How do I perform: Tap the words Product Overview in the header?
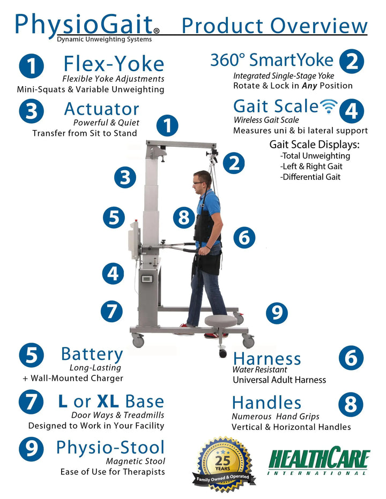pyautogui.click(x=274, y=26)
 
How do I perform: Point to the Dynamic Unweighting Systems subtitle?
pyautogui.click(x=104, y=40)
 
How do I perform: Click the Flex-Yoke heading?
pyautogui.click(x=114, y=64)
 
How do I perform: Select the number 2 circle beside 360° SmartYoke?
pyautogui.click(x=352, y=62)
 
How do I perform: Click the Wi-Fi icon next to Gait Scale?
pyautogui.click(x=328, y=106)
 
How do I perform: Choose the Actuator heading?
pyautogui.click(x=102, y=109)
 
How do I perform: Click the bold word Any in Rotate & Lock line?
pyautogui.click(x=309, y=86)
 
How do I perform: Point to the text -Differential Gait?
pyautogui.click(x=310, y=177)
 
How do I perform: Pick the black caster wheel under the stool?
pyautogui.click(x=223, y=353)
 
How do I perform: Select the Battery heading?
pyautogui.click(x=92, y=354)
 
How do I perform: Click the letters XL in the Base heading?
pyautogui.click(x=108, y=401)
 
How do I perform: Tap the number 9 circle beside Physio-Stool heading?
pyautogui.click(x=31, y=449)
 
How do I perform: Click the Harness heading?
pyautogui.click(x=267, y=359)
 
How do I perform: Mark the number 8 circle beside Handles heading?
pyautogui.click(x=351, y=404)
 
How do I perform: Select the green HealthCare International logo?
pyautogui.click(x=319, y=460)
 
